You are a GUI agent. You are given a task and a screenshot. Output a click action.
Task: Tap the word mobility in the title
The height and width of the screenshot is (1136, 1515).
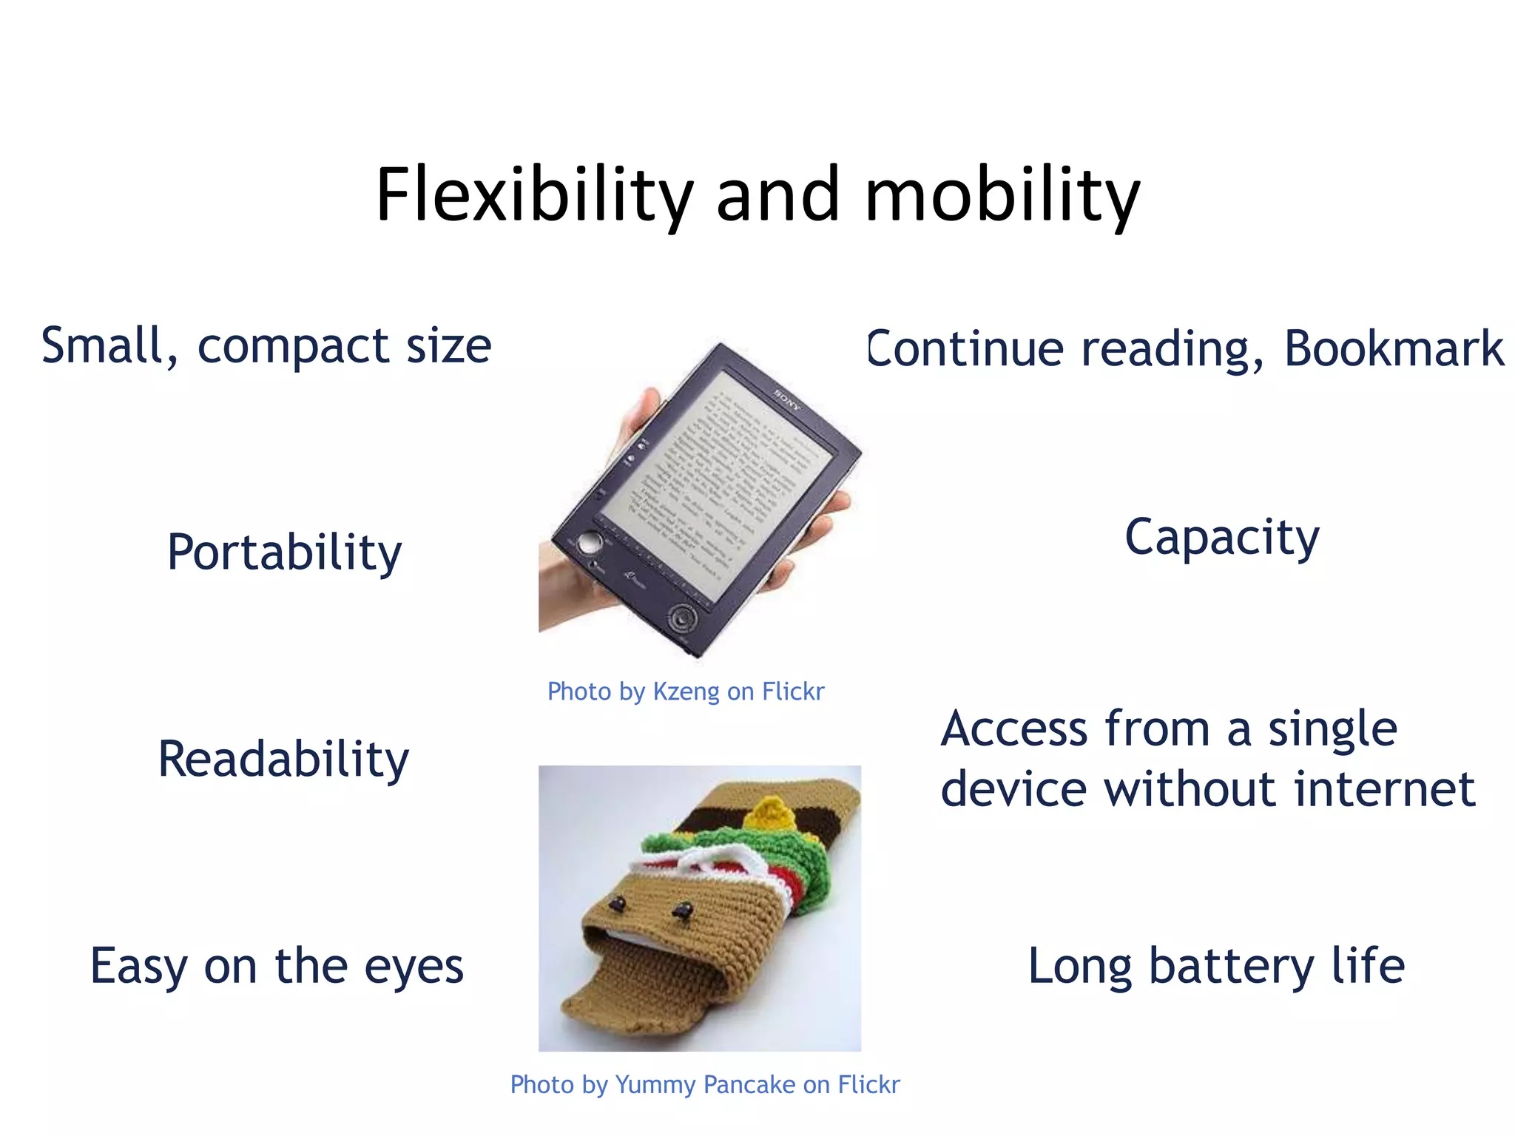1002,195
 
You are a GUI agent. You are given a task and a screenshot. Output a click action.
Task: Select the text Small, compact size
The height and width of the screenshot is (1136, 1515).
266,346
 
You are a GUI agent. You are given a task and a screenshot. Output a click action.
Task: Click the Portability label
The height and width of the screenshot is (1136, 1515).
285,552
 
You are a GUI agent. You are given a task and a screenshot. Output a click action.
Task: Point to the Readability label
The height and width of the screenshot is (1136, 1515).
283,759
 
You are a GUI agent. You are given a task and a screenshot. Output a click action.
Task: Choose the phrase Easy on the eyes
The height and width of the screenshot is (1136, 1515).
277,966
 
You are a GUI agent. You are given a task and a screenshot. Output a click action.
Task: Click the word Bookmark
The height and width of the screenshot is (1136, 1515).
1394,348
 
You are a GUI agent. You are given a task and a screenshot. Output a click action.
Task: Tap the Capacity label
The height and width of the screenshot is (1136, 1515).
1222,537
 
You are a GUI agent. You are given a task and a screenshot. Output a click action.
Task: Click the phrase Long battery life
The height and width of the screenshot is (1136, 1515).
1216,966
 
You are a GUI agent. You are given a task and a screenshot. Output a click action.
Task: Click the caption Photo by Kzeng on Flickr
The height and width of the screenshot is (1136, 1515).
686,692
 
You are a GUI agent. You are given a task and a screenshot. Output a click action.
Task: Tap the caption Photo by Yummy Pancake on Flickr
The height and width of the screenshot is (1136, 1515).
705,1085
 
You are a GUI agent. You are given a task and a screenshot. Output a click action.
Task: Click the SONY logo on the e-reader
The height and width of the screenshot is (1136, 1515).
787,399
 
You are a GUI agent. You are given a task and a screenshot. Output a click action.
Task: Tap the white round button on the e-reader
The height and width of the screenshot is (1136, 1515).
588,543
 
